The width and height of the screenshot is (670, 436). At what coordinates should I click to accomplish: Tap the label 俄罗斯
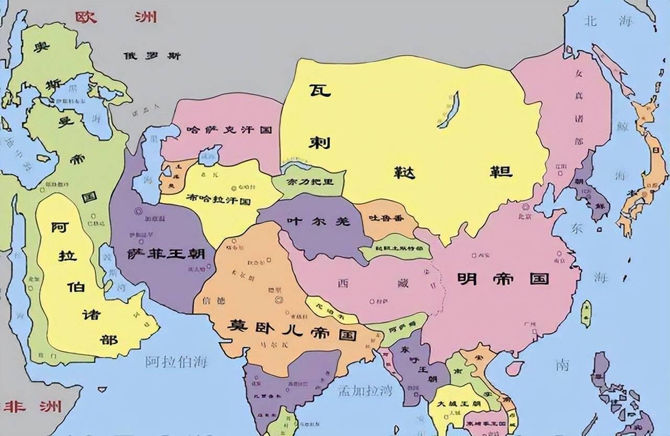click(152, 56)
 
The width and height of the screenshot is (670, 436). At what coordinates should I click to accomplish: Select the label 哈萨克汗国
click(229, 130)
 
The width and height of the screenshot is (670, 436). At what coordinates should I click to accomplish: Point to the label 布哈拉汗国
click(218, 200)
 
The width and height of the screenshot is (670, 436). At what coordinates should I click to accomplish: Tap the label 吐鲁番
click(386, 218)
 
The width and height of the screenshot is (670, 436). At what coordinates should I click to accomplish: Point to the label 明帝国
click(502, 278)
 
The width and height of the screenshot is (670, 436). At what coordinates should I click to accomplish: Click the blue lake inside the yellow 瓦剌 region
click(449, 110)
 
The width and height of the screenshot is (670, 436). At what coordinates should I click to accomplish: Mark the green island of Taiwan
click(586, 313)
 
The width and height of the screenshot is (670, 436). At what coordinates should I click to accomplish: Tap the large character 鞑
click(404, 172)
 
